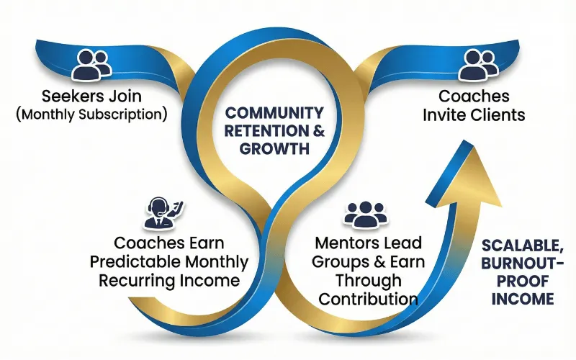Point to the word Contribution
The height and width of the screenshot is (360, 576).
[369, 297]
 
